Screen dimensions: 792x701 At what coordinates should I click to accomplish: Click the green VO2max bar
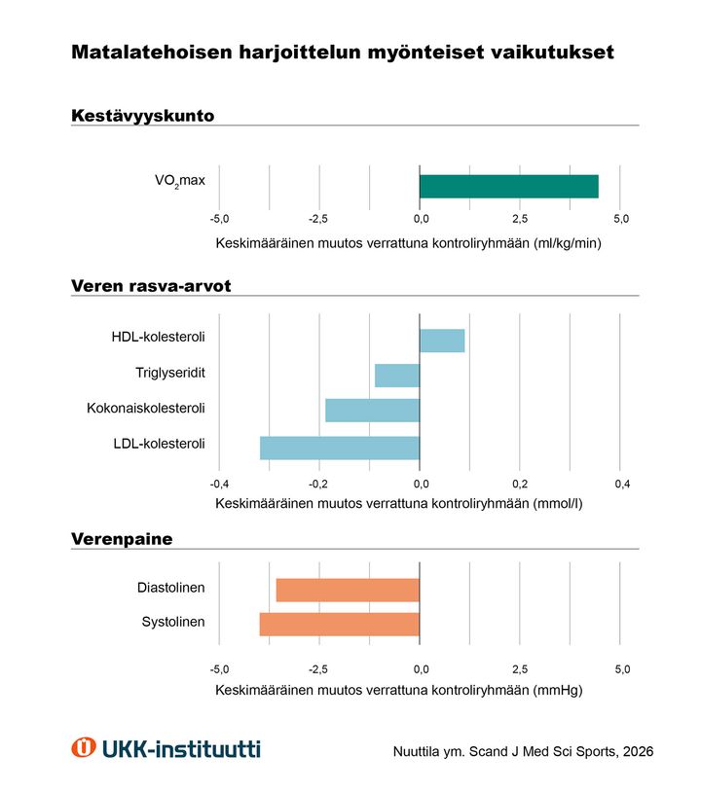[508, 186]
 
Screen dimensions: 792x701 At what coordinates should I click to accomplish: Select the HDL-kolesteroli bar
[442, 341]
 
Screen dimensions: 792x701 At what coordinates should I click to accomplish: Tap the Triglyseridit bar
[397, 376]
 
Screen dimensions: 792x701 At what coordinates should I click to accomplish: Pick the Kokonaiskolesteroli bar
[372, 410]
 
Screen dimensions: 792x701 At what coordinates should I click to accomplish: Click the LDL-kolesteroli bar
[340, 448]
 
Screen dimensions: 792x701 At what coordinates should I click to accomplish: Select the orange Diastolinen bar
[348, 590]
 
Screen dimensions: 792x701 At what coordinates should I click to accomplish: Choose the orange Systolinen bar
[340, 624]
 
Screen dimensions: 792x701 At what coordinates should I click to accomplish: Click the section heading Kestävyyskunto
[142, 116]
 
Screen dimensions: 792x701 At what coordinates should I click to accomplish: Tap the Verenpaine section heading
[121, 538]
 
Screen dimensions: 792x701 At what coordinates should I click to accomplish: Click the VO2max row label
[180, 180]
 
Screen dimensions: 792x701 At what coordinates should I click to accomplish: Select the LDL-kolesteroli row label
[159, 444]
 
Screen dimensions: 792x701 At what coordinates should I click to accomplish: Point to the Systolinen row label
[173, 622]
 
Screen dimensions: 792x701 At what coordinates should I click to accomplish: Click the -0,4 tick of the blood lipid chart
[219, 484]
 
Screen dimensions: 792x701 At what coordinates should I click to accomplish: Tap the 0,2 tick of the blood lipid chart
[520, 484]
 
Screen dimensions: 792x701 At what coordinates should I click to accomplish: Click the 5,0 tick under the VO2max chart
[621, 219]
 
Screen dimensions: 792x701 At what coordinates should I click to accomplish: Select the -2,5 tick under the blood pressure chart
[319, 669]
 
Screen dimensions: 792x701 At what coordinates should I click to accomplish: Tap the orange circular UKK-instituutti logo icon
[84, 747]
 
